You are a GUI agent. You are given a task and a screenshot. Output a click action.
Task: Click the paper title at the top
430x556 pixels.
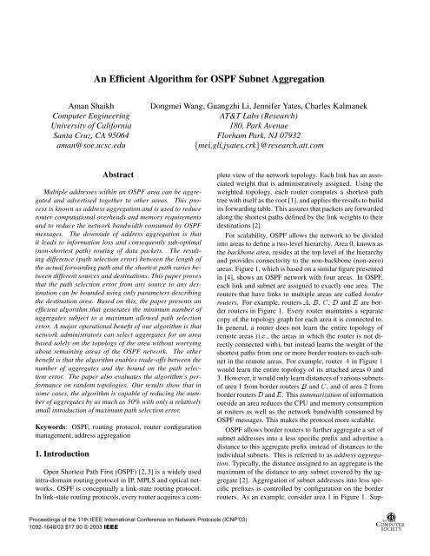(x=215, y=55)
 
